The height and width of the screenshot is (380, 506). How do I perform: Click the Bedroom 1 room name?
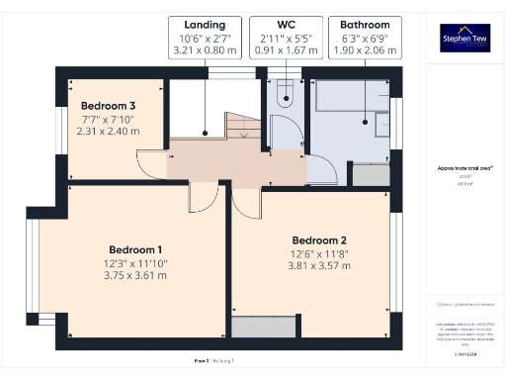click(135, 248)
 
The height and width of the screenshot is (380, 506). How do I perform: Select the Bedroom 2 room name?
click(319, 239)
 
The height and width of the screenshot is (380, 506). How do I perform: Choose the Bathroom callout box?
click(365, 37)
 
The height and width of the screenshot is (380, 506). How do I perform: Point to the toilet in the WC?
click(285, 93)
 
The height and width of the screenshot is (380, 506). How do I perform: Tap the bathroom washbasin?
click(379, 122)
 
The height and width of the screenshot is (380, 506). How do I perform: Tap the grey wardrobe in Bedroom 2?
click(263, 326)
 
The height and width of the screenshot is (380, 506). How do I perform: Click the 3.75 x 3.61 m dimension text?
click(135, 278)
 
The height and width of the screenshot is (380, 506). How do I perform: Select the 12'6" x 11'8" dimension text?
click(319, 254)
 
